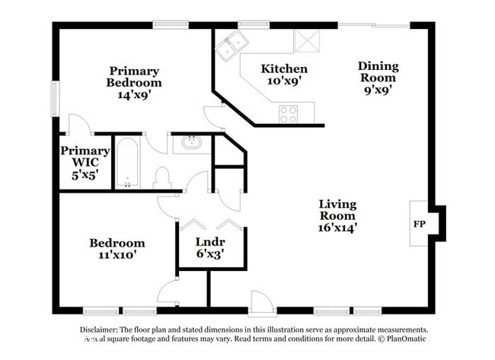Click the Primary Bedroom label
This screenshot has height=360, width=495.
(134, 84)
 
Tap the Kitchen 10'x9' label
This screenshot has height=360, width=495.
(284, 74)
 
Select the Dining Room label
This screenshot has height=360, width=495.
(378, 78)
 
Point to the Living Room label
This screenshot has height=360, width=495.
(337, 215)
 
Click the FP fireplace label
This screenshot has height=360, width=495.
(419, 225)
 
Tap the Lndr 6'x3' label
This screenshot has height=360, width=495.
(210, 248)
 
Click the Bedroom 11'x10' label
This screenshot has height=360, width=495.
(117, 249)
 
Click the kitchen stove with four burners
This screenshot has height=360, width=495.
(288, 114)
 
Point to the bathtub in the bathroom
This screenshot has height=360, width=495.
(127, 162)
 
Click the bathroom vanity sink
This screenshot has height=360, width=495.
(191, 143)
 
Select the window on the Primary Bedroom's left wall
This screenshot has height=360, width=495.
(55, 98)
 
